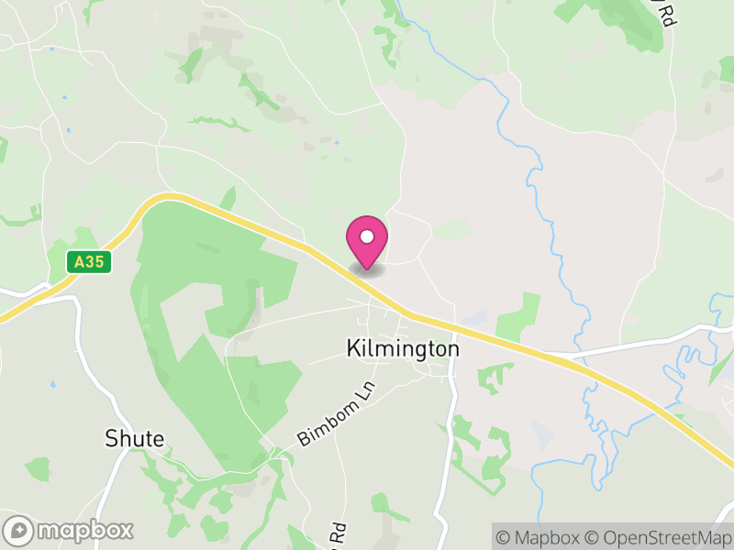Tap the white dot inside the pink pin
point(367,236)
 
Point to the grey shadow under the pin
point(367,269)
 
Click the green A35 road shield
point(89,262)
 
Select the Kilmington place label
point(403,349)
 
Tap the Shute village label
point(134,438)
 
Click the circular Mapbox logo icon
point(18,530)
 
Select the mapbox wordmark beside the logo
point(84,530)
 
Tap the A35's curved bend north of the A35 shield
point(165,197)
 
